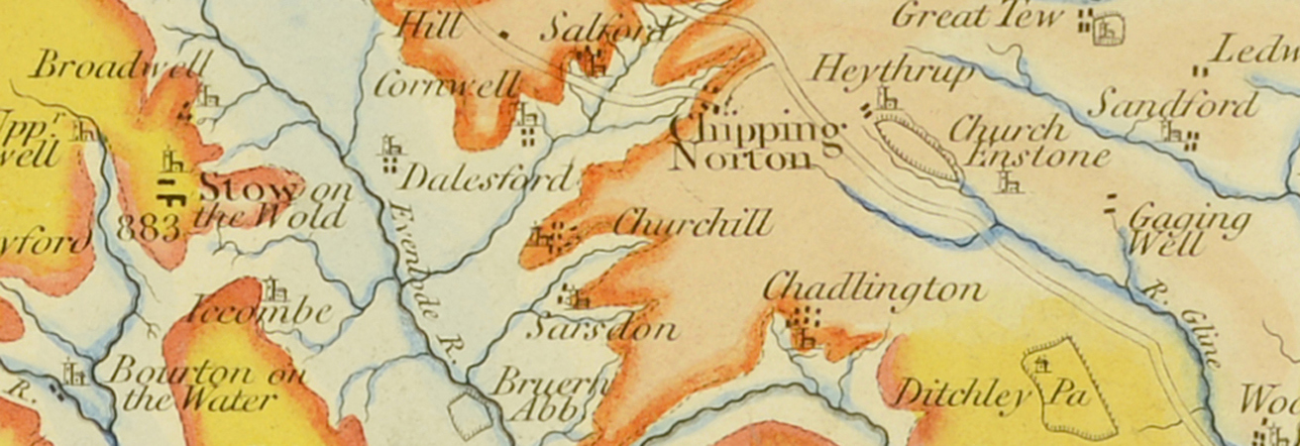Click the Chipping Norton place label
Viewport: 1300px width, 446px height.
[757, 145]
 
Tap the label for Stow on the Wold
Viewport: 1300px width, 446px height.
[272, 200]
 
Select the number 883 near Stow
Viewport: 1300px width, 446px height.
[149, 228]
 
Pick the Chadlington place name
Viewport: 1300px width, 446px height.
[874, 289]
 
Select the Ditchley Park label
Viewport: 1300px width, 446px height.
[991, 395]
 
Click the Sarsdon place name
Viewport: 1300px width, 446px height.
[600, 328]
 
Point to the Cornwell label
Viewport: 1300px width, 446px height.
[445, 86]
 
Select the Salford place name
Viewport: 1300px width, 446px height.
[604, 30]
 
